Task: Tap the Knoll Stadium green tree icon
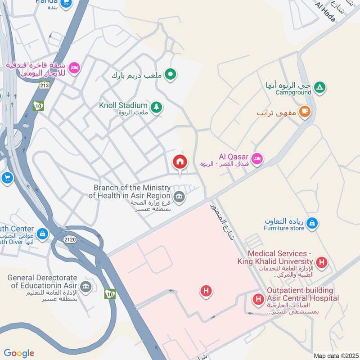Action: [x=156, y=107]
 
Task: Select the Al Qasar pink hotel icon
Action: [x=257, y=158]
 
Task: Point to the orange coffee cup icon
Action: [x=305, y=111]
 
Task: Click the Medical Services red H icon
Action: [x=321, y=261]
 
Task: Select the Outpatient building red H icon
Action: [x=258, y=298]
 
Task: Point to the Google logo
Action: [x=19, y=353]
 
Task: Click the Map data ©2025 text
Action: [x=335, y=355]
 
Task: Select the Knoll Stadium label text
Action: [x=123, y=105]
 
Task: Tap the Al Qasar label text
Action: [x=234, y=157]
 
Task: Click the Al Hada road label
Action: [x=326, y=11]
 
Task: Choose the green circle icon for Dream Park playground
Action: [x=170, y=74]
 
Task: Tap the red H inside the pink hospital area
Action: [x=206, y=292]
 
